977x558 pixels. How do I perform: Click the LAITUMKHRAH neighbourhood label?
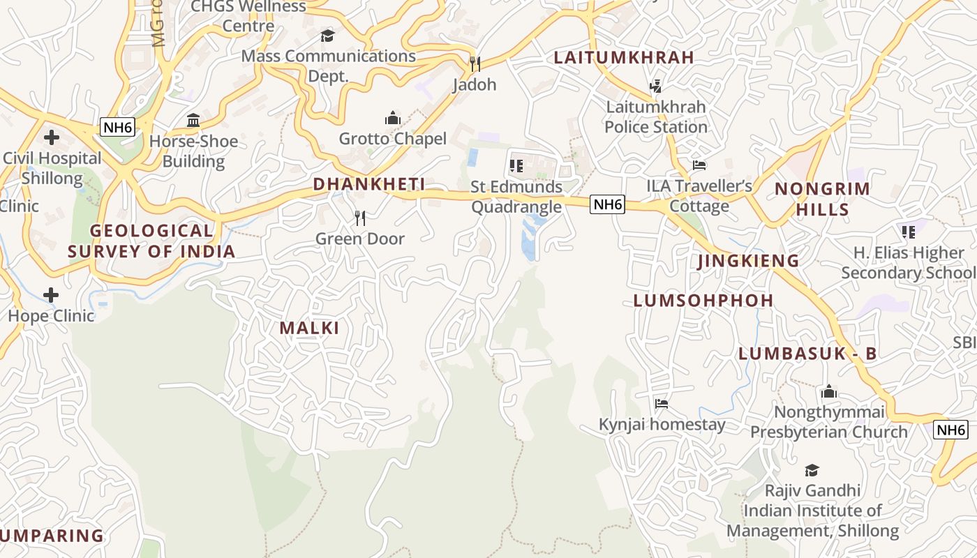624,58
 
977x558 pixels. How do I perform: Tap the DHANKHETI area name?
369,184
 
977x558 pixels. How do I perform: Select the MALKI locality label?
310,328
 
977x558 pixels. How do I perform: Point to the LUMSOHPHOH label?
703,301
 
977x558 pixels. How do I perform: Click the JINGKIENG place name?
749,261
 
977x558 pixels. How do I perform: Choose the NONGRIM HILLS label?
823,199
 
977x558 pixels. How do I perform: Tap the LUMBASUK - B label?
807,354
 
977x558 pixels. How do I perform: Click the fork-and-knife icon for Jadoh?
475,64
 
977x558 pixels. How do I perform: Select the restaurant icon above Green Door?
360,218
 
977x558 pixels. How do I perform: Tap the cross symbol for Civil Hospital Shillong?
51,137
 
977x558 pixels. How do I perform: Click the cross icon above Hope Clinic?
51,295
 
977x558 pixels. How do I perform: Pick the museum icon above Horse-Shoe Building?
193,121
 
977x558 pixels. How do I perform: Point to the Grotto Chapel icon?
393,118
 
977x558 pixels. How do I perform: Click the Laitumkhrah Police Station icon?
655,86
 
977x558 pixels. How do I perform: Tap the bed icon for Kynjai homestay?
662,404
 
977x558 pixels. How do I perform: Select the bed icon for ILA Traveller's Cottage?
699,165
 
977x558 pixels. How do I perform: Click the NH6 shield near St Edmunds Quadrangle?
606,204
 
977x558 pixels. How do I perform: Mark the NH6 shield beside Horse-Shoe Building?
117,127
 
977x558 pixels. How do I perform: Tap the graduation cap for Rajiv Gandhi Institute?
812,470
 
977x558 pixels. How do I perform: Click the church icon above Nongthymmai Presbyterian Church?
829,391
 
